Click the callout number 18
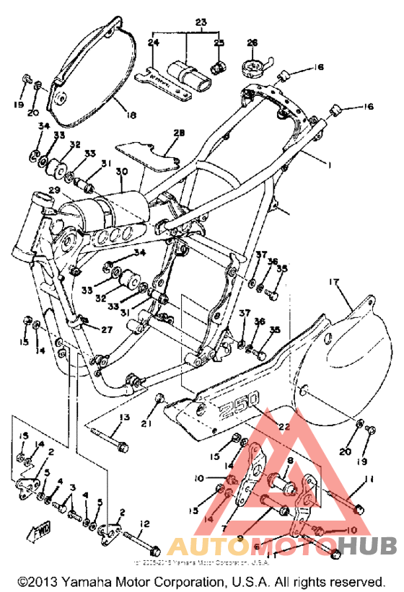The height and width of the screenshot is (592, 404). point(131,115)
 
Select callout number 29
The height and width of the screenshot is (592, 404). point(55,190)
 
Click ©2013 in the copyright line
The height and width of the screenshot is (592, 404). point(40,580)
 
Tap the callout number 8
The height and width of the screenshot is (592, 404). point(289,459)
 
